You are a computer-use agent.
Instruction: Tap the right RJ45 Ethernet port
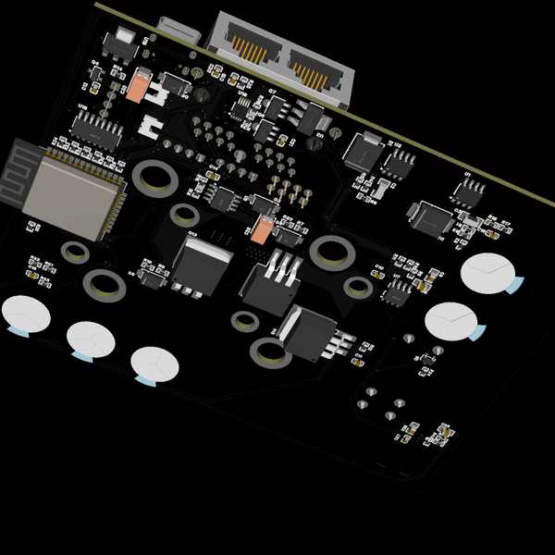coord(314,67)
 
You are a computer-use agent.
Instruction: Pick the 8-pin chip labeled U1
coord(469,191)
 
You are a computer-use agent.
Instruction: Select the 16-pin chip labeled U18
coord(96,132)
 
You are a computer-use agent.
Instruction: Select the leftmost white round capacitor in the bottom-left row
coord(25,314)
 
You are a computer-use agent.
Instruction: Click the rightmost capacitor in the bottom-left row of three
coord(154,364)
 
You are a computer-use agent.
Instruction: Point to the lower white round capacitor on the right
coord(452,320)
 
